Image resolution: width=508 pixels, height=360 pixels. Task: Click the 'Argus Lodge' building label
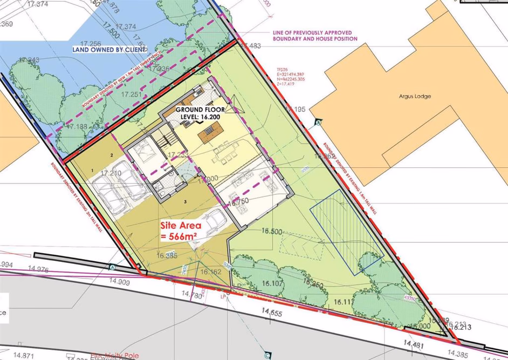pos(416,97)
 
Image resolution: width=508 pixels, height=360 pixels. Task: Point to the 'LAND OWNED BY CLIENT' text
pos(111,49)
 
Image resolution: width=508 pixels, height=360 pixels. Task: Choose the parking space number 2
pos(112,155)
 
